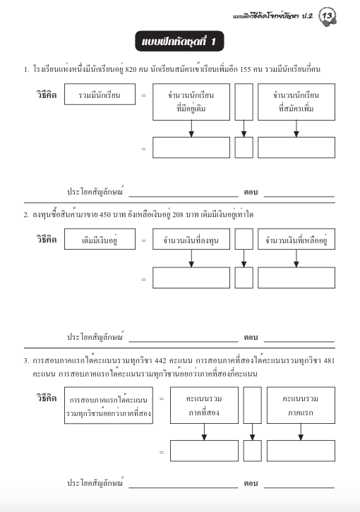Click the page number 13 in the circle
point(328,15)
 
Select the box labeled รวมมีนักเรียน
point(99,94)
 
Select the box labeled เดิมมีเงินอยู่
point(99,240)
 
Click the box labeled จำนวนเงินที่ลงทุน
point(191,240)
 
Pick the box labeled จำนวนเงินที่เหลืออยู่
point(296,240)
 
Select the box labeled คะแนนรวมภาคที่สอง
point(204,405)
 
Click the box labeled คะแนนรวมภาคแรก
point(301,405)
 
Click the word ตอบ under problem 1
point(250,192)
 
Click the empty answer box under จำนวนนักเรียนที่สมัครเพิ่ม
point(296,147)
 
